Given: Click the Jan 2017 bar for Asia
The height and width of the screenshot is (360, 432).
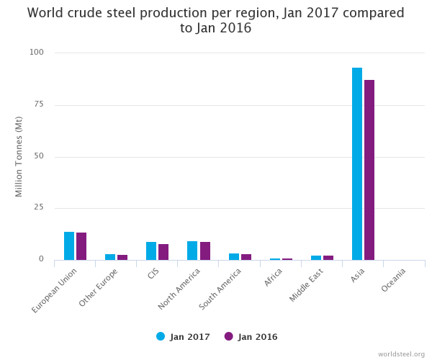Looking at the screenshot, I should pos(357,164).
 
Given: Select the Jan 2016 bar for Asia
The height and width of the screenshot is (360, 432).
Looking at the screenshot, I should pos(369,170).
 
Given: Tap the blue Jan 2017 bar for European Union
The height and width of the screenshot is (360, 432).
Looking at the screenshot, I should pos(69,246).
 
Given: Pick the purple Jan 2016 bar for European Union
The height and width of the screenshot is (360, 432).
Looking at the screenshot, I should pos(81,246).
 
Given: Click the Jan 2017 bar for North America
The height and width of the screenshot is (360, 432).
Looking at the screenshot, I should pos(192,251).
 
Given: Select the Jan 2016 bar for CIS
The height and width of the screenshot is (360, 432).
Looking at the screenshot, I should pos(163,252).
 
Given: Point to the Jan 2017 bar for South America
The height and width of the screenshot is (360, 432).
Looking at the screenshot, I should pos(234,256).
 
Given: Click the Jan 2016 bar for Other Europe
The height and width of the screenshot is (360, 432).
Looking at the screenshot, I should pos(122,257).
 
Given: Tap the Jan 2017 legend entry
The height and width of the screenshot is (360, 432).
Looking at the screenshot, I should pos(183,336).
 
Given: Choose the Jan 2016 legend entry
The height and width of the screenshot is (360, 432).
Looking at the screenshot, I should pos(251,336).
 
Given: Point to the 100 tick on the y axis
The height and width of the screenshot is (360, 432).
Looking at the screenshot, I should pos(36,53).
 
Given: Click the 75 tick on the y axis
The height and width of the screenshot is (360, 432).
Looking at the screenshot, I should pos(38,104).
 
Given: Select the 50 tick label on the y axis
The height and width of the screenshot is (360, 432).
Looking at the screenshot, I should pos(38,156).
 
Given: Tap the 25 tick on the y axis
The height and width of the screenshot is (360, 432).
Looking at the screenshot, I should pos(38,208).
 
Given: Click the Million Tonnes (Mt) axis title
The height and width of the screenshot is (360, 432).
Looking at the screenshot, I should pos(19,156).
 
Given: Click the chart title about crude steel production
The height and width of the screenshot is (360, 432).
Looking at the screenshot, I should pos(216,20).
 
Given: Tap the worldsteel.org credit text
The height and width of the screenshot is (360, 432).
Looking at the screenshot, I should pos(401,354).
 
